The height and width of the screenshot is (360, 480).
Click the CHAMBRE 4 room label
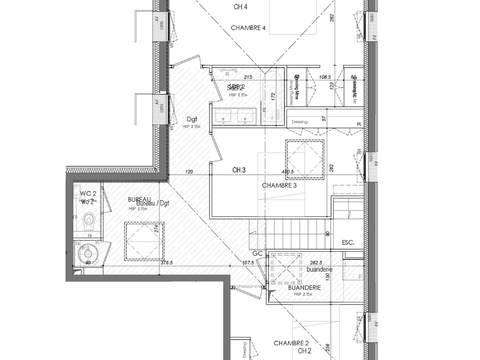click(x=250, y=28)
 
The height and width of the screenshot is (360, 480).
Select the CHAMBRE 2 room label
click(x=291, y=342)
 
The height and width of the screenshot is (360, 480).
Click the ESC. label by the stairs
click(x=349, y=242)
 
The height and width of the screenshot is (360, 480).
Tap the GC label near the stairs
click(x=257, y=254)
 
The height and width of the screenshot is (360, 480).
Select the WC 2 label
click(x=87, y=192)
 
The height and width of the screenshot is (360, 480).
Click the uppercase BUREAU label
click(x=139, y=200)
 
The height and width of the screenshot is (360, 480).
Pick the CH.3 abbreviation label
click(x=239, y=171)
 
